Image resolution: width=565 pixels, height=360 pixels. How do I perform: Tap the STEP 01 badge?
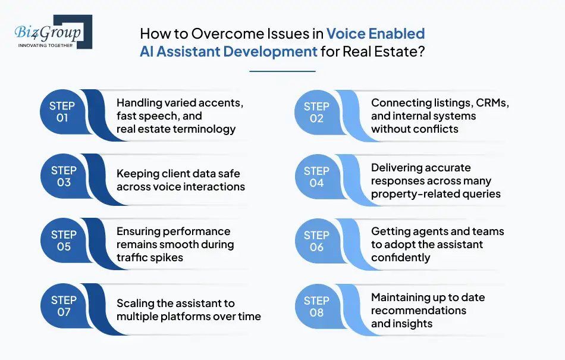(62, 112)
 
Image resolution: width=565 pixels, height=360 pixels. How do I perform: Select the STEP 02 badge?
(316, 112)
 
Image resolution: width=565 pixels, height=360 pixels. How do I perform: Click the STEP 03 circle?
(62, 177)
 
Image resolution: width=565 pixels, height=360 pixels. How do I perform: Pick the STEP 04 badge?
(316, 177)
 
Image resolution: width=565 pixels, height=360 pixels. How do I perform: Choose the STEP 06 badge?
(316, 242)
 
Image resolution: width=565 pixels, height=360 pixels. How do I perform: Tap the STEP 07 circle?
(62, 306)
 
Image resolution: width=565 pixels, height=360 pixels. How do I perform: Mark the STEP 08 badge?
(316, 306)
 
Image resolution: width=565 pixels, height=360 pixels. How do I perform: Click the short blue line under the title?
(282, 71)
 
